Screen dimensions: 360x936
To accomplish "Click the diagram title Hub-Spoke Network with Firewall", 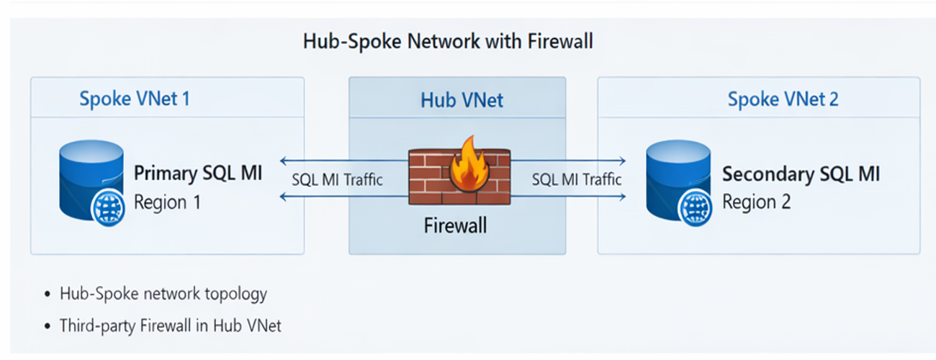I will (x=448, y=41).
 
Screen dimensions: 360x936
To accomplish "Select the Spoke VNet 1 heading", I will (x=135, y=99).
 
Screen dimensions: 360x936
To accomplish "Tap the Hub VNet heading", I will (x=462, y=100).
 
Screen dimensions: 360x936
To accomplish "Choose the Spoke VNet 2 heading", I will (x=783, y=99).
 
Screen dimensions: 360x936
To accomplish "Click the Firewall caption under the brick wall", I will (x=454, y=225).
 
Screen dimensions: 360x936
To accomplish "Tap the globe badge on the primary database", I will (x=107, y=210).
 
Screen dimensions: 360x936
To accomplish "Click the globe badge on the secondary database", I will (x=694, y=210).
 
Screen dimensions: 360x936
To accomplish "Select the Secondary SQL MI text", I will (x=801, y=174).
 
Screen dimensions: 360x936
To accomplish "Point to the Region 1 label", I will (x=167, y=202).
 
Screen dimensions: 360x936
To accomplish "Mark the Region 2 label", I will (x=756, y=202).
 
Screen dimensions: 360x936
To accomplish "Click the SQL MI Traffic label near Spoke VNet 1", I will (x=337, y=179).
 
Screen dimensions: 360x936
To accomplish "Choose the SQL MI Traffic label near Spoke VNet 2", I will (x=576, y=179).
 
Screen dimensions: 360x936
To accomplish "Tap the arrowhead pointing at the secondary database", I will (x=622, y=161).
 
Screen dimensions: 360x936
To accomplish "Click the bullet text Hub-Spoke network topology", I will (x=163, y=294).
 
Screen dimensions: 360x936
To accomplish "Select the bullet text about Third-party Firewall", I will (x=171, y=325).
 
